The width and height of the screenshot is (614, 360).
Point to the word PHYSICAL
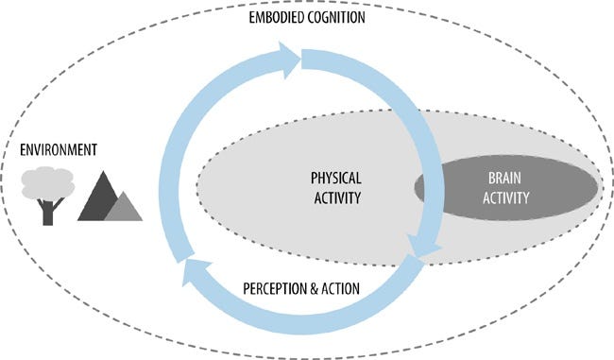[x=335, y=179]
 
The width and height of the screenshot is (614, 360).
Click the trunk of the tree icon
[x=48, y=210]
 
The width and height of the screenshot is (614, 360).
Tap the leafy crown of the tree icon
[x=47, y=181]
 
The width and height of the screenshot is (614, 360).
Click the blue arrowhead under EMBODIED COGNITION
[x=287, y=62]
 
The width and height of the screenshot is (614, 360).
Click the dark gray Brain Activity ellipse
[x=557, y=189]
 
